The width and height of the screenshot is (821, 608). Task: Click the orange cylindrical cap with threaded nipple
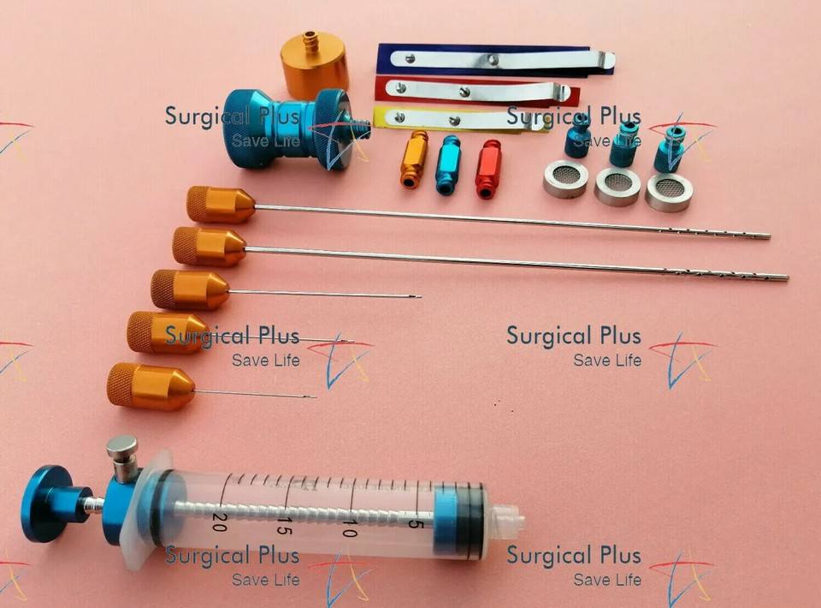313,61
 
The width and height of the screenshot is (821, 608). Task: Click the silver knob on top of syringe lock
122,448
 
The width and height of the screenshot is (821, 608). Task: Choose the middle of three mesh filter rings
617,186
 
